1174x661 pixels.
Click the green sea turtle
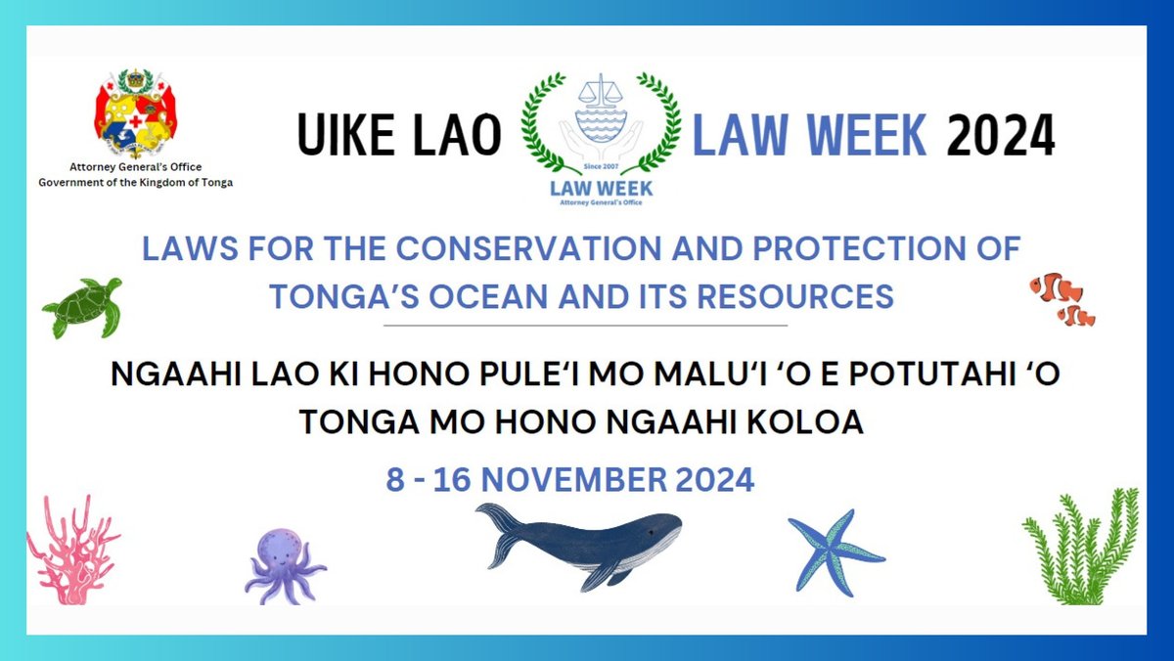(83, 307)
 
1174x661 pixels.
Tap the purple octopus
(285, 564)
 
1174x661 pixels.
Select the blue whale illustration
(587, 545)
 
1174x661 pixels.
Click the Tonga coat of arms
(134, 114)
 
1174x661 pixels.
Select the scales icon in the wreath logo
(600, 99)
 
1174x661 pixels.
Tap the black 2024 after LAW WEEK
(1000, 137)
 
